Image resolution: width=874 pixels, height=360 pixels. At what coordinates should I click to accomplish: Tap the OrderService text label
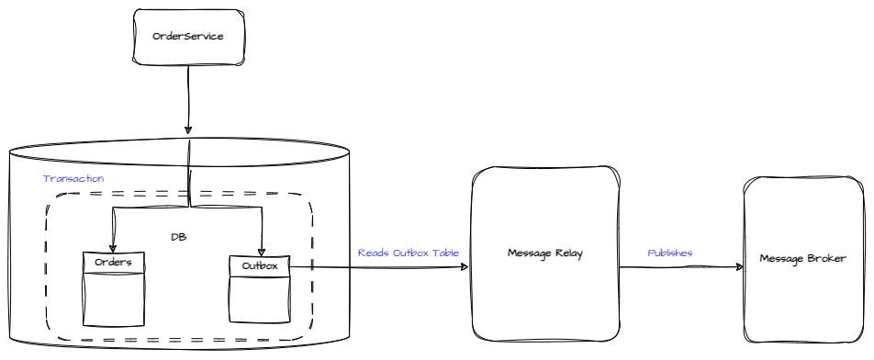(x=188, y=37)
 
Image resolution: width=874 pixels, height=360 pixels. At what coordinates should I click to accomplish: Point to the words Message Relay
(x=545, y=253)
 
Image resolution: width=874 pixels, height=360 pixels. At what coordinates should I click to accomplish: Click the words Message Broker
(x=802, y=258)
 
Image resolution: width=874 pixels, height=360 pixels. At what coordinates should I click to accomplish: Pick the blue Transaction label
(x=73, y=178)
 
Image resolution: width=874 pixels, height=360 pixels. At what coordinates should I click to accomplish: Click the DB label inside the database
(x=179, y=236)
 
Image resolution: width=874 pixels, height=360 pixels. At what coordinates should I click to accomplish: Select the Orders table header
(x=113, y=263)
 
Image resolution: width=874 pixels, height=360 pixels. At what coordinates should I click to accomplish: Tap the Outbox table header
(x=260, y=265)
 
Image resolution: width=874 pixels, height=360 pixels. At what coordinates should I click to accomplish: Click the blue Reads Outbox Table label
(x=409, y=252)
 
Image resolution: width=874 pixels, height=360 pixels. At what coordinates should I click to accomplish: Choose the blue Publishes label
(x=670, y=253)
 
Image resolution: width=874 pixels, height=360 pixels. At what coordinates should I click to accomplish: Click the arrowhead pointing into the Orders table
(x=112, y=249)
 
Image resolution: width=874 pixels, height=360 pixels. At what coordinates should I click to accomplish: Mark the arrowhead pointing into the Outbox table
(x=262, y=251)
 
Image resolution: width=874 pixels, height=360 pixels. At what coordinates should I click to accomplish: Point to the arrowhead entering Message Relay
(x=465, y=267)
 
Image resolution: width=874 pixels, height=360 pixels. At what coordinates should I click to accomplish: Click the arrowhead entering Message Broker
(x=739, y=267)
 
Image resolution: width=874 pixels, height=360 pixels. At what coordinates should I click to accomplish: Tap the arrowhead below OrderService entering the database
(x=189, y=129)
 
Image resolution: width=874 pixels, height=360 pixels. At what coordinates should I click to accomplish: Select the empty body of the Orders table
(x=113, y=298)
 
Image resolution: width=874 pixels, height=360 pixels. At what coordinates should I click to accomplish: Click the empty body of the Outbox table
(x=260, y=298)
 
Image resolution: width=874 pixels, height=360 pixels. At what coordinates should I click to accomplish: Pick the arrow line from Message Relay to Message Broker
(x=679, y=267)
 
